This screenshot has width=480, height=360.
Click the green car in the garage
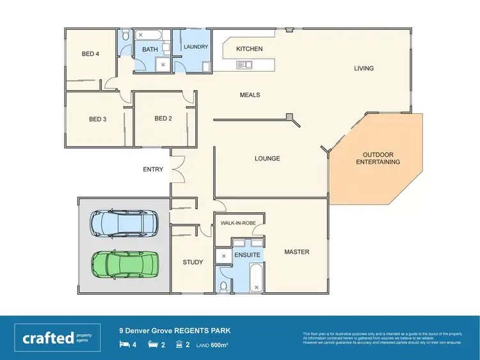[125, 262]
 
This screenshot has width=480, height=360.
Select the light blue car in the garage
[122, 223]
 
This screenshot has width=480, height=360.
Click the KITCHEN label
[249, 49]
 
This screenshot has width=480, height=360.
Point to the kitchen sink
[244, 63]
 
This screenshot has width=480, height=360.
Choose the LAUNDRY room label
[196, 47]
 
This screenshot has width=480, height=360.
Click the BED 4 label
[90, 54]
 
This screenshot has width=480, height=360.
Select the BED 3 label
[97, 119]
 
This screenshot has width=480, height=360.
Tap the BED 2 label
[163, 118]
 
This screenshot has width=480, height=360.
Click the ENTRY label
[153, 169]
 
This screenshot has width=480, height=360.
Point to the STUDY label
[193, 262]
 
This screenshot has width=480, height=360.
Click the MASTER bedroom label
[296, 252]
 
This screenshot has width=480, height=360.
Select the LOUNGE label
[268, 158]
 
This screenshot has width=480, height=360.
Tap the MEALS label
[250, 95]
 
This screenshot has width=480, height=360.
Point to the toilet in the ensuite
[223, 286]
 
